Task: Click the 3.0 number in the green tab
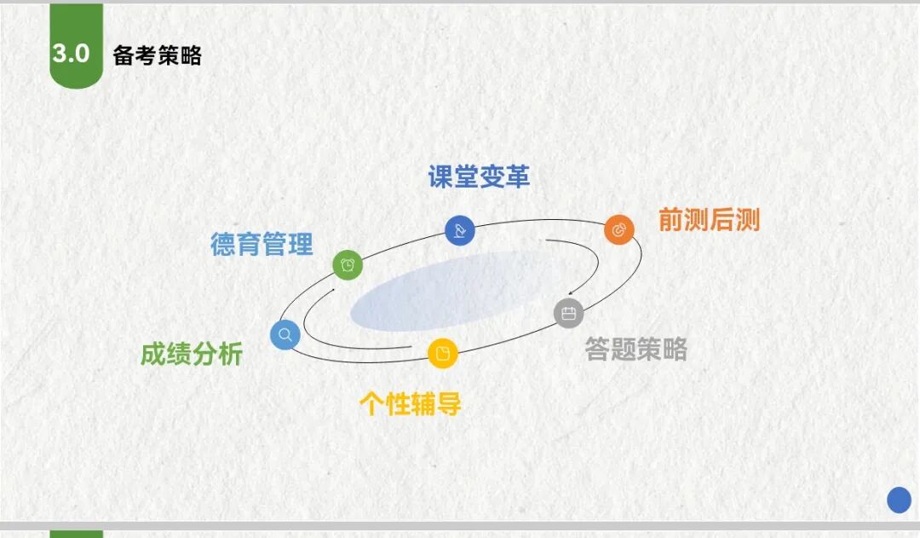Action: (x=71, y=54)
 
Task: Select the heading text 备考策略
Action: (x=158, y=55)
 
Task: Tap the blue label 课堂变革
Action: (x=479, y=176)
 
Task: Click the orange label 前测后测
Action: (x=709, y=220)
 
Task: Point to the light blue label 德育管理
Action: (x=262, y=244)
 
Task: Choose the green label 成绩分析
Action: (x=192, y=354)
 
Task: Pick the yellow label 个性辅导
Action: (x=410, y=403)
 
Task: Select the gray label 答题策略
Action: (x=636, y=349)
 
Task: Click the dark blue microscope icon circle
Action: (x=459, y=230)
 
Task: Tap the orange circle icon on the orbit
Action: (x=619, y=229)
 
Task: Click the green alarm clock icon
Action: (x=348, y=265)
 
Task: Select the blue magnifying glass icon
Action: (x=285, y=335)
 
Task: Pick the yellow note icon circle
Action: (x=442, y=353)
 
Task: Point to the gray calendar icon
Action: (x=568, y=313)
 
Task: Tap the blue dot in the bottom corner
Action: (x=899, y=500)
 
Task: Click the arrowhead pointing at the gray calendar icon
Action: (x=570, y=292)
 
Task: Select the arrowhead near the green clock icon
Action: (x=332, y=290)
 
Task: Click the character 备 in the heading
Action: (x=124, y=55)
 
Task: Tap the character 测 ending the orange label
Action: (x=748, y=220)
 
